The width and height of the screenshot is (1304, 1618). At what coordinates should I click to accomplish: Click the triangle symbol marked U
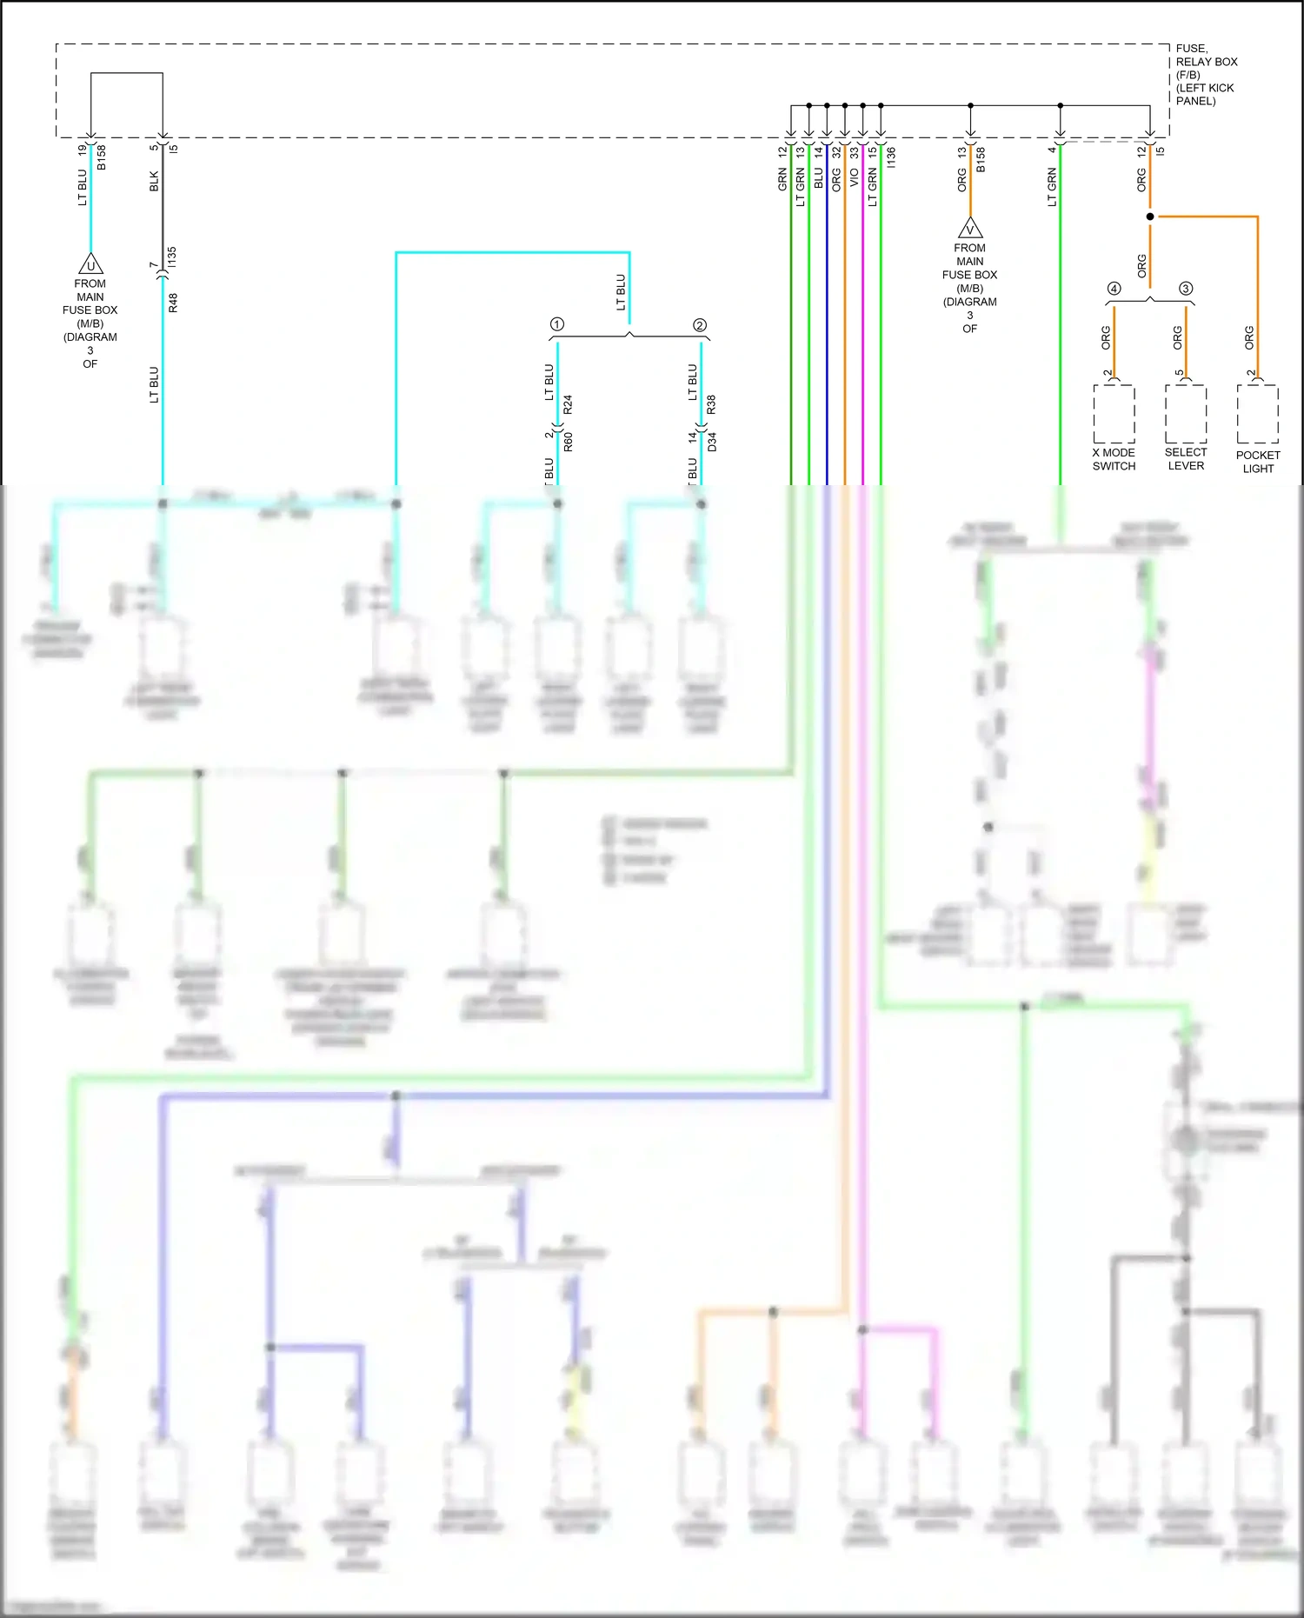[90, 264]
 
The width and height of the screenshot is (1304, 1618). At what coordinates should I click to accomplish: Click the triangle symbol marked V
[970, 230]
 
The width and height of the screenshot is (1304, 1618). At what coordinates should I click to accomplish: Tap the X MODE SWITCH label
[1114, 459]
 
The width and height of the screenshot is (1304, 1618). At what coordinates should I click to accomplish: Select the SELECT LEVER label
[1186, 459]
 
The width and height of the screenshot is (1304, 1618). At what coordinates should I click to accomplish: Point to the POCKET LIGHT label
[1258, 462]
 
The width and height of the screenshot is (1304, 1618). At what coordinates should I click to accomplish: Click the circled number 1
[557, 324]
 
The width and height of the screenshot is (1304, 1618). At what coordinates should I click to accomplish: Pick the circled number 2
[700, 325]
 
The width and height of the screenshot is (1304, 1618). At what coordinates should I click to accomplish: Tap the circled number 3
[1186, 289]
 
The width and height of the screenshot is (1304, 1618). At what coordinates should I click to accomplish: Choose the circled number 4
[1114, 289]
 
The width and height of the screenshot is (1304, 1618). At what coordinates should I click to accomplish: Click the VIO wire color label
[855, 177]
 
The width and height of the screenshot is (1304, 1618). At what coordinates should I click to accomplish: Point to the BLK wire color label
[155, 181]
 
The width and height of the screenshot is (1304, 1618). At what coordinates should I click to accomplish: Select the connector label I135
[172, 256]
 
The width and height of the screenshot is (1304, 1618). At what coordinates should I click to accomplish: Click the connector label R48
[173, 303]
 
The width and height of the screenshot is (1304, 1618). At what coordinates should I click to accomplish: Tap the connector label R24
[568, 404]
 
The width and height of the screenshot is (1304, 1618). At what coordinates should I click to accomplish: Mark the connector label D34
[712, 442]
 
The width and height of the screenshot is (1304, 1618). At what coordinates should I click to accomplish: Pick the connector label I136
[891, 157]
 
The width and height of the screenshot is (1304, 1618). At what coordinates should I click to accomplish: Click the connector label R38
[711, 404]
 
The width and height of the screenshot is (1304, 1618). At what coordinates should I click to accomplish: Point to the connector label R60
[569, 442]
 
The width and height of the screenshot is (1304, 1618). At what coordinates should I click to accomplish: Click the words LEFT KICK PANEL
[1205, 94]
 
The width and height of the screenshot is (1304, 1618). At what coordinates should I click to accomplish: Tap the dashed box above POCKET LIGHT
[1258, 414]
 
